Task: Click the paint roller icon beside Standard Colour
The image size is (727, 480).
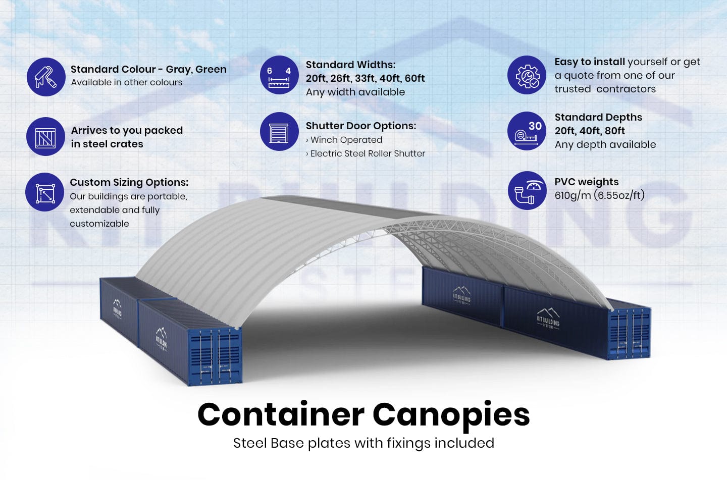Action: pos(46,77)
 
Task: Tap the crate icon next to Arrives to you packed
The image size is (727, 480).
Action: pos(45,137)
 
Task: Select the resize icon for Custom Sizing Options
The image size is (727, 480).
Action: pos(45,192)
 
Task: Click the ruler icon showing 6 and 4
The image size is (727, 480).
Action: pos(279,75)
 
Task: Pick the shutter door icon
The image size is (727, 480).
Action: pos(279,132)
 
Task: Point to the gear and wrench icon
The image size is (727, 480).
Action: pos(527,75)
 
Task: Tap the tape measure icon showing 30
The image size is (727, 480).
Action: pos(527,131)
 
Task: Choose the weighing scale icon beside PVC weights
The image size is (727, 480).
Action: pos(527,190)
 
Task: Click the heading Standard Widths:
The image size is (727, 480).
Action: pos(350,65)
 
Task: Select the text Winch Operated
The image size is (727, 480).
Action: pos(346,140)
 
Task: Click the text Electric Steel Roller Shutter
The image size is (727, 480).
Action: pos(368,153)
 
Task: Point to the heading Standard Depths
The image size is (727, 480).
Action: pos(598,117)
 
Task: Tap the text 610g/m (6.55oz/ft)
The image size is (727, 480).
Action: pos(599,195)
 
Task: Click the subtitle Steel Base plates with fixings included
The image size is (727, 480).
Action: pos(363,443)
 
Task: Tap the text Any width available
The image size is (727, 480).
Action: pos(355,92)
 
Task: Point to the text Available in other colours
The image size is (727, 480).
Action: pos(126,82)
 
